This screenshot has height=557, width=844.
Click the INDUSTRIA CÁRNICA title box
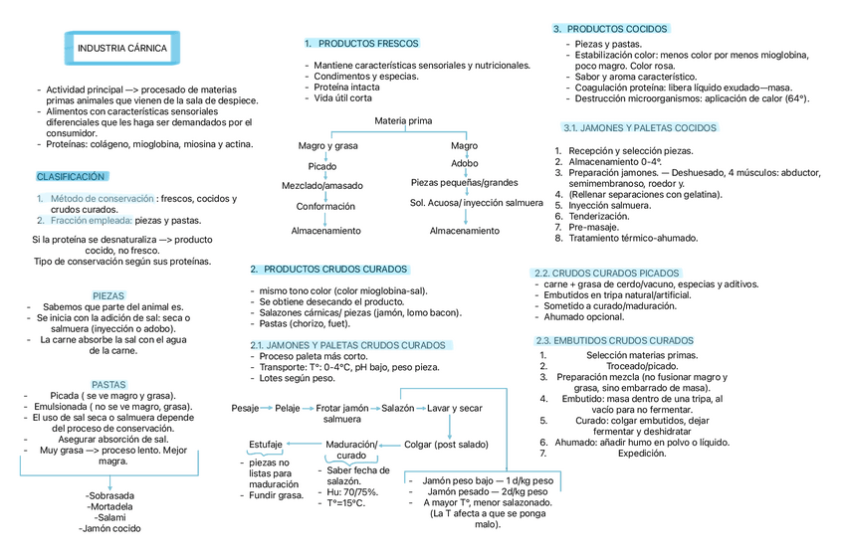pyautogui.click(x=122, y=48)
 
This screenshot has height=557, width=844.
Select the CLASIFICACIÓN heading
pyautogui.click(x=71, y=176)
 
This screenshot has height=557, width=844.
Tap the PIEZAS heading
pyautogui.click(x=108, y=295)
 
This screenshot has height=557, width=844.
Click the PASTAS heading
pyautogui.click(x=108, y=384)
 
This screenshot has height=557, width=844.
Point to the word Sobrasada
pyautogui.click(x=110, y=495)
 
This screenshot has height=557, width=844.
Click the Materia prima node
pyautogui.click(x=403, y=121)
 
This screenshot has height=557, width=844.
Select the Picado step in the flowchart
pyautogui.click(x=322, y=166)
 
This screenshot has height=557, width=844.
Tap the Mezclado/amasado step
pyautogui.click(x=322, y=186)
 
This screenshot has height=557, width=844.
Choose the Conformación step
pyautogui.click(x=325, y=207)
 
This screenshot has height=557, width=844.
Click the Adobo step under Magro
pyautogui.click(x=464, y=163)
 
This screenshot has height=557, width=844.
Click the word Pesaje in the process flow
pyautogui.click(x=245, y=409)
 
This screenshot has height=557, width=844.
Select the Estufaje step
pyautogui.click(x=266, y=444)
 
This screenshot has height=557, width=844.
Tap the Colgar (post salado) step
pyautogui.click(x=447, y=444)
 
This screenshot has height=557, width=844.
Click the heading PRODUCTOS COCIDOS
pyautogui.click(x=617, y=30)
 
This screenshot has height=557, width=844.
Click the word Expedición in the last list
pyautogui.click(x=642, y=453)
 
